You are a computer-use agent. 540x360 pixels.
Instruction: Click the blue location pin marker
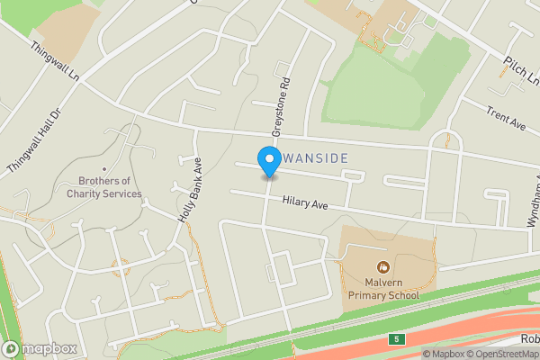(x=268, y=161)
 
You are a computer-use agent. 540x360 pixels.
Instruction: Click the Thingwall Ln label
(x=55, y=62)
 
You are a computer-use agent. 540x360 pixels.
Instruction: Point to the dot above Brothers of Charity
(x=104, y=169)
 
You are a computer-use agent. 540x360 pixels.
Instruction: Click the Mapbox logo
(x=40, y=348)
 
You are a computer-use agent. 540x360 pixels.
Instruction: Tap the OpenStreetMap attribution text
(x=504, y=354)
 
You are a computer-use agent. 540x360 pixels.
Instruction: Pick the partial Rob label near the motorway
(x=529, y=339)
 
